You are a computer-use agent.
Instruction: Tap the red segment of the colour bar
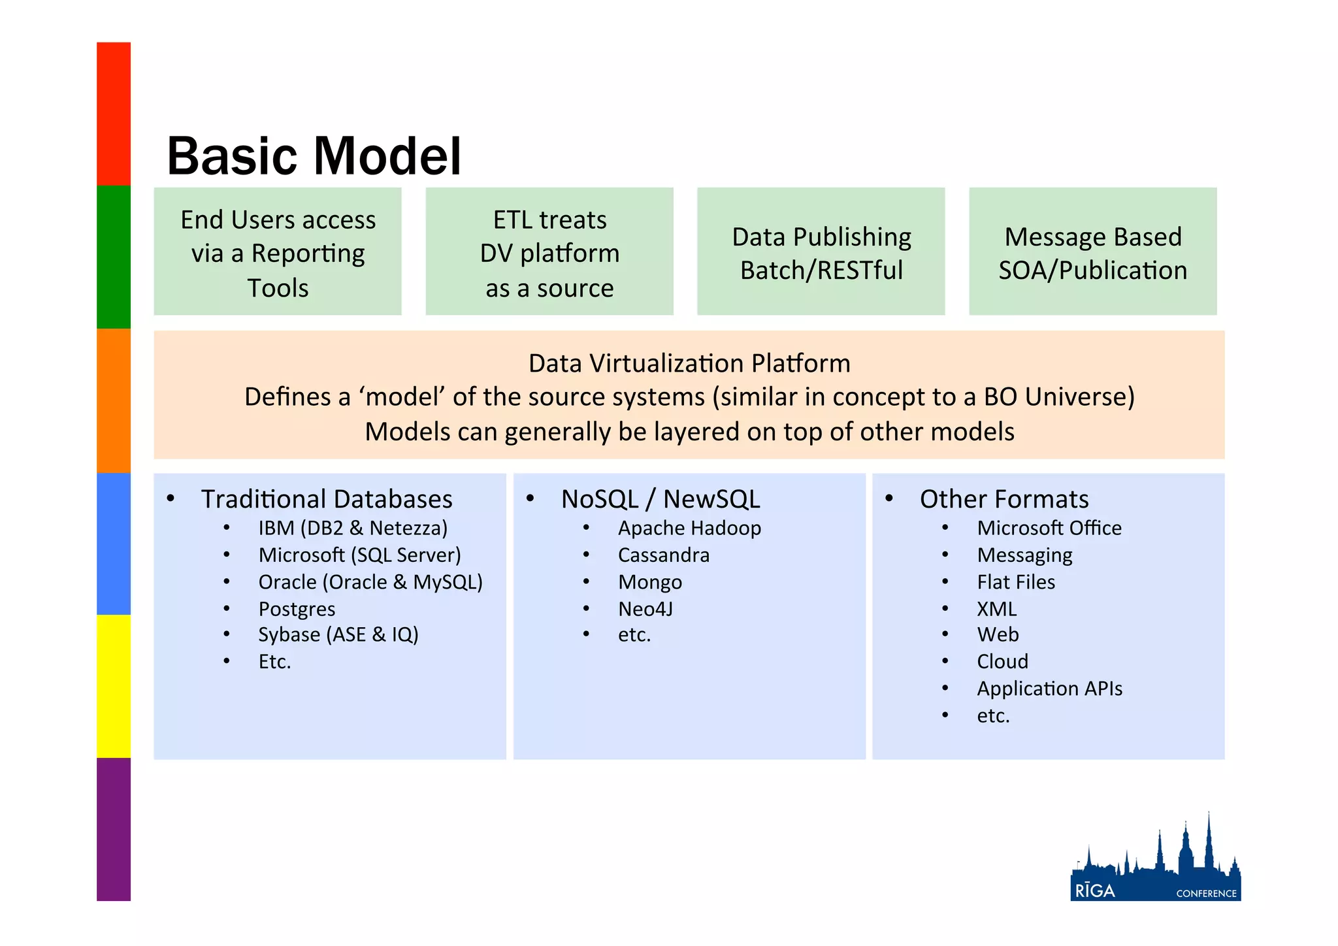(114, 114)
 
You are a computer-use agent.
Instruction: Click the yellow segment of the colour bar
(114, 686)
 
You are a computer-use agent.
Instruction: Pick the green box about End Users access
(278, 252)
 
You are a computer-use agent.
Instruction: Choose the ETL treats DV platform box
(549, 252)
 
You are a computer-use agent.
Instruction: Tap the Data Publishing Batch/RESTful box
(821, 252)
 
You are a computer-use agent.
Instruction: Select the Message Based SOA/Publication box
(1092, 252)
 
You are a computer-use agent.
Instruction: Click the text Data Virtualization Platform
(689, 363)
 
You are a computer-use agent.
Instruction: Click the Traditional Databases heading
(327, 498)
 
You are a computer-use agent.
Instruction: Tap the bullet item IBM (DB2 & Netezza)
(353, 528)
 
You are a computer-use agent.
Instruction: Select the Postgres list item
(297, 609)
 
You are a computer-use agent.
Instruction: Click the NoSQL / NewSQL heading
(661, 498)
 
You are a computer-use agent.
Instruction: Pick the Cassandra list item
(664, 555)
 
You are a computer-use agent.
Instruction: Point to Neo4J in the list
(645, 609)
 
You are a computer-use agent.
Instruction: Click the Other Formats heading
(1004, 498)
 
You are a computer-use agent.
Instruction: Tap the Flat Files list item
(1016, 581)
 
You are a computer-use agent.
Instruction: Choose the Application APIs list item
(1049, 689)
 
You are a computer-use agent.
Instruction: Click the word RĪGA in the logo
(1095, 891)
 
